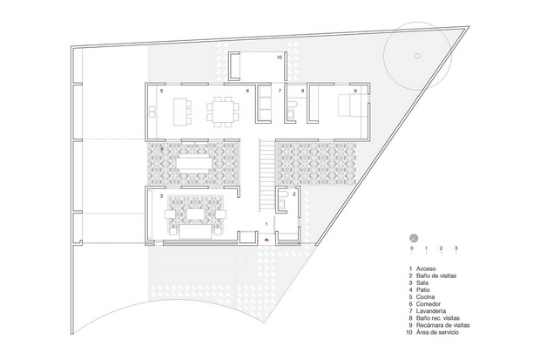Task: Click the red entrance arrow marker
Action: (267, 239)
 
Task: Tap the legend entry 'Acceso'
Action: (426, 268)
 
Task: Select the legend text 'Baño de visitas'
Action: (436, 275)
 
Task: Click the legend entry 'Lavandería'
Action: (431, 311)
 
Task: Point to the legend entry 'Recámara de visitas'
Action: (442, 325)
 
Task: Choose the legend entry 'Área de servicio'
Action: (437, 332)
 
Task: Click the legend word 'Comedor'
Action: (428, 304)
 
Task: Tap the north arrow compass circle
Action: (414, 238)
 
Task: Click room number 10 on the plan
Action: (280, 58)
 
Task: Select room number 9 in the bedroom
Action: (355, 91)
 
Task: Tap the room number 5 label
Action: (161, 91)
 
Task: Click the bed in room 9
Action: (350, 105)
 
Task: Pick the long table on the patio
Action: (195, 163)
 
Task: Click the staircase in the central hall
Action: (267, 175)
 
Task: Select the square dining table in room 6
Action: (222, 112)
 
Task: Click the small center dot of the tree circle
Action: (417, 56)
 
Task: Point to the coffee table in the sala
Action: (195, 214)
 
